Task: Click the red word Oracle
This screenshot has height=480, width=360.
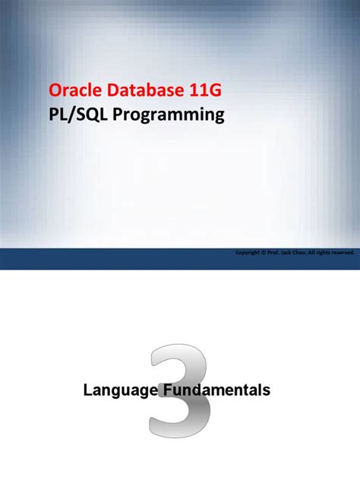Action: [x=70, y=92]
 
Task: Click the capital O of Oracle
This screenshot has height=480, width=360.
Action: [x=55, y=92]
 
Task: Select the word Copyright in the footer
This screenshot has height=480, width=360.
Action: [x=246, y=253]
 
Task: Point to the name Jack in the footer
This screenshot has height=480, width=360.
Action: [x=285, y=253]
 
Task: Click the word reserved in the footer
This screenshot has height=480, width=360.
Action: [x=343, y=253]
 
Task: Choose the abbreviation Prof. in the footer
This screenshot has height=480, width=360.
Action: [x=272, y=253]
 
